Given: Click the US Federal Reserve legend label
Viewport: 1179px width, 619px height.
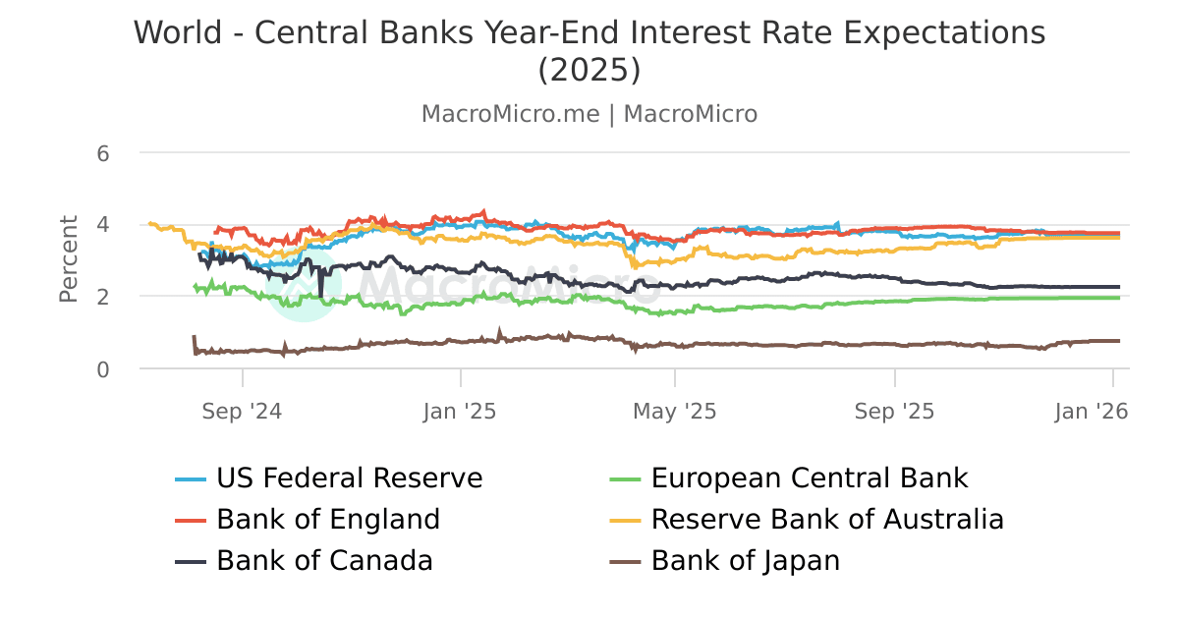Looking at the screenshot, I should pos(349,478).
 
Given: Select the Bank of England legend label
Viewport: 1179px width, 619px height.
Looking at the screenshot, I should pos(327,519).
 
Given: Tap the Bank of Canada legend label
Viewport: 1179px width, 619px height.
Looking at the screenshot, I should pos(324,561).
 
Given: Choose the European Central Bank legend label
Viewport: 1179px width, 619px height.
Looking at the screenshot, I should pos(810,478).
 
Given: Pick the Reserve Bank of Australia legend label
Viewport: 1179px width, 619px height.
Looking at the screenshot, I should pos(827,519).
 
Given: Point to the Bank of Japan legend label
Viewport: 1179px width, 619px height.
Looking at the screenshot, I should pos(746,561).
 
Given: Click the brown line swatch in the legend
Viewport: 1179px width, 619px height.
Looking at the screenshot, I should pos(625,562).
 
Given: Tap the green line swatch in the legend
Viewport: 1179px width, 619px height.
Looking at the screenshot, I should pos(625,479).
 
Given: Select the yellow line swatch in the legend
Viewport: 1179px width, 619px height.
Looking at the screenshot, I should pos(625,520).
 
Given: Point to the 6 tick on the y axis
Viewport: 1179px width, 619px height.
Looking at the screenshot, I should pos(102,153).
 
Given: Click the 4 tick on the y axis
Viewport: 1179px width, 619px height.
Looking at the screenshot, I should pos(102,225).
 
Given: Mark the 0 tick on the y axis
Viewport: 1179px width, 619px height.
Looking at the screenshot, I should pos(102,369).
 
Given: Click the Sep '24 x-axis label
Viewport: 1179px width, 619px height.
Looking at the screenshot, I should pos(242,412).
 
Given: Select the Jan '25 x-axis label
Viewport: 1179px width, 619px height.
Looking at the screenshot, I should pos(460,412).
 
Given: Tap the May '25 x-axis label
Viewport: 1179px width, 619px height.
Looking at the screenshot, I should pos(675,412).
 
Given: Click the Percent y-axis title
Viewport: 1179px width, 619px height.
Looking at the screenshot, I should pos(69,259).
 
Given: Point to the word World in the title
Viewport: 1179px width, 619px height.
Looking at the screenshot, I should pos(180,32).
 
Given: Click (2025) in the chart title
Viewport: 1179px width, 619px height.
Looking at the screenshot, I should pos(589,71).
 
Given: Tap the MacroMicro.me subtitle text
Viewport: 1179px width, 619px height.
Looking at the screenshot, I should pos(510,114).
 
